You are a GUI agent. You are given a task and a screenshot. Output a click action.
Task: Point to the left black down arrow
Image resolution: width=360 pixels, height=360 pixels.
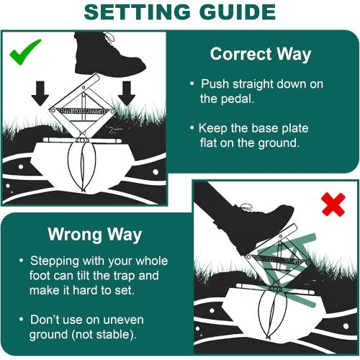(41, 91)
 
